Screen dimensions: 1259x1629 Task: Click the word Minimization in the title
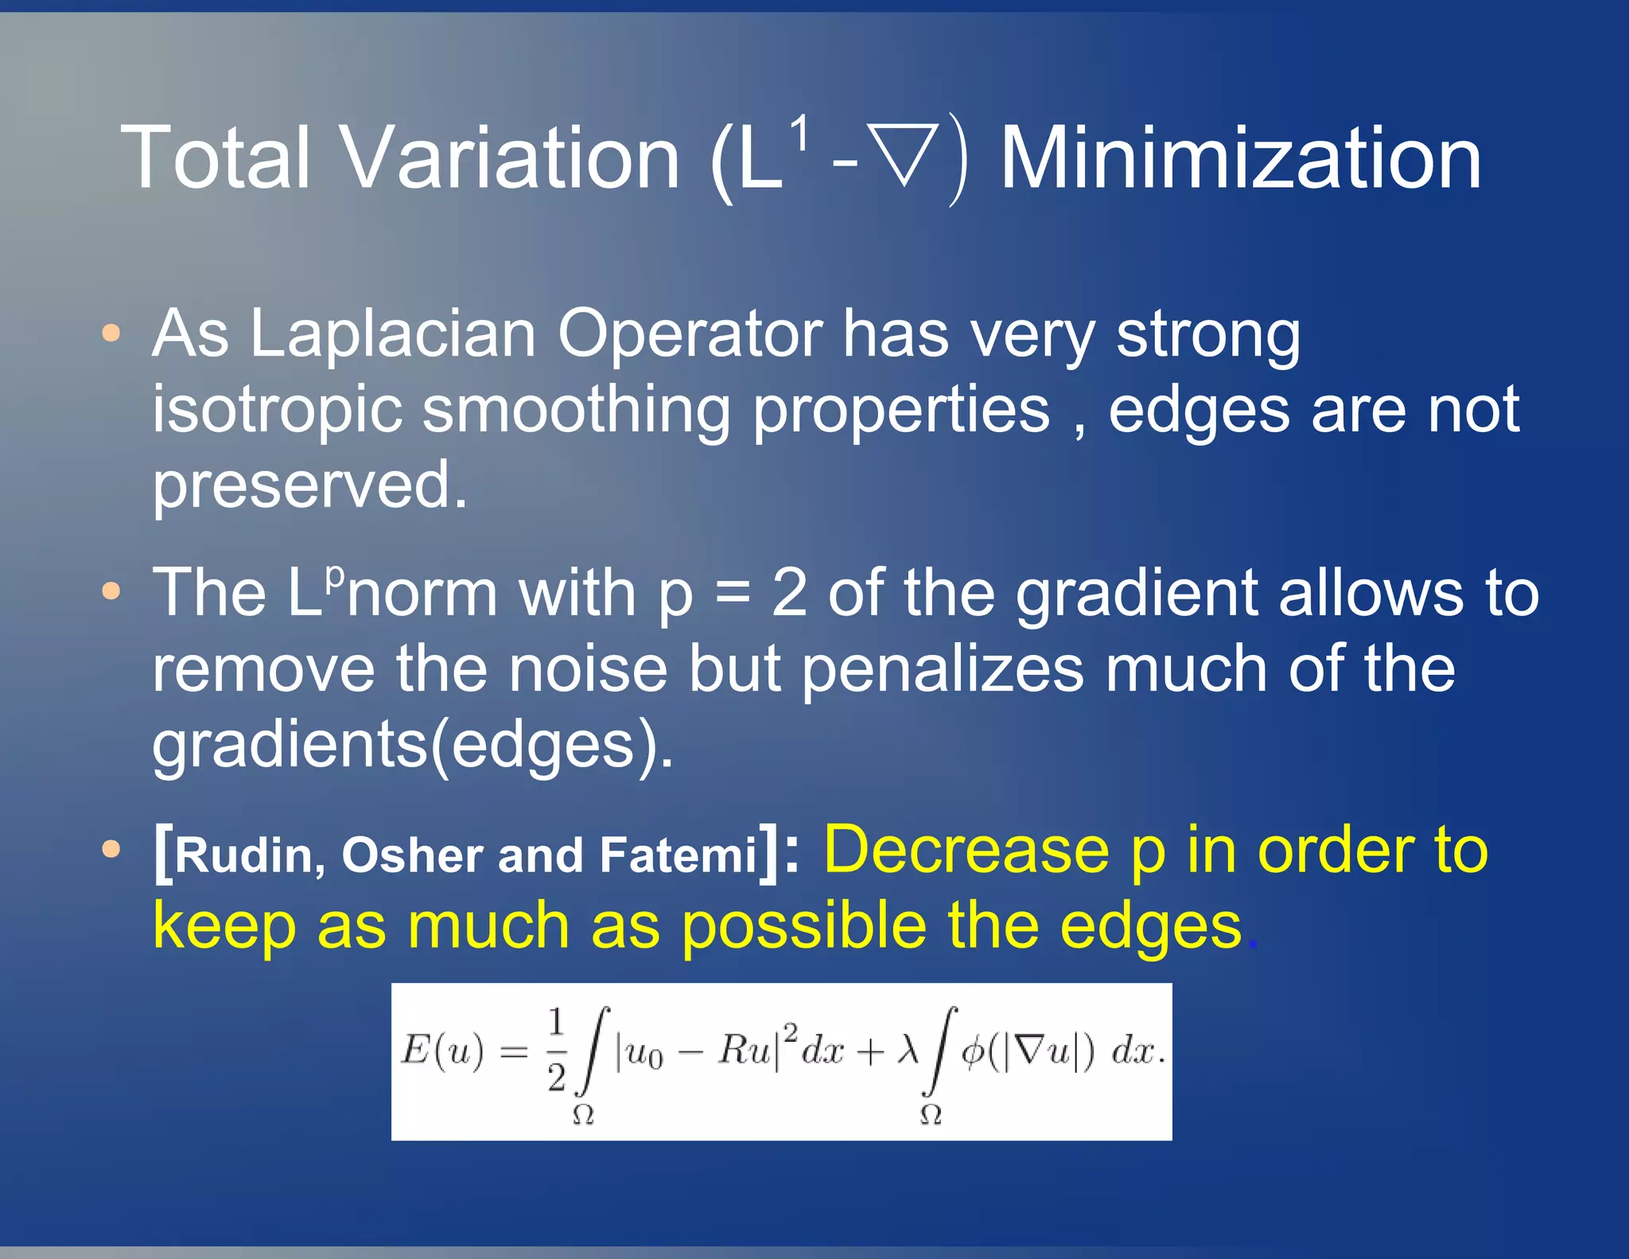[x=1240, y=158]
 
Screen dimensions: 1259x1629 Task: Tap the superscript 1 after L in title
[x=799, y=132]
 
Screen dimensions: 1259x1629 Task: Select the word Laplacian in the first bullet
[x=393, y=334]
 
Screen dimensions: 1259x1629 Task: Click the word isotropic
[x=277, y=410]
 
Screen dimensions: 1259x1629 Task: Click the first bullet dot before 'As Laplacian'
[x=111, y=333]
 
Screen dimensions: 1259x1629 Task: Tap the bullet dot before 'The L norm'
[x=111, y=591]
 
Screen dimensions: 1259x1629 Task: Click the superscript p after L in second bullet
[x=336, y=575]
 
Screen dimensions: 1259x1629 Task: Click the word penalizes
[x=942, y=668]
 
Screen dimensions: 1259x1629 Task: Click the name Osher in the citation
[x=412, y=855]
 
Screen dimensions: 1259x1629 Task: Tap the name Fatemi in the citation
[x=678, y=855]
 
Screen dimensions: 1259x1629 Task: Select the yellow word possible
[x=804, y=926]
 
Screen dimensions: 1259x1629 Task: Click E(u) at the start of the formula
[x=442, y=1051]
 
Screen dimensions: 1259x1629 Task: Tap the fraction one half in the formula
[x=557, y=1050]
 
